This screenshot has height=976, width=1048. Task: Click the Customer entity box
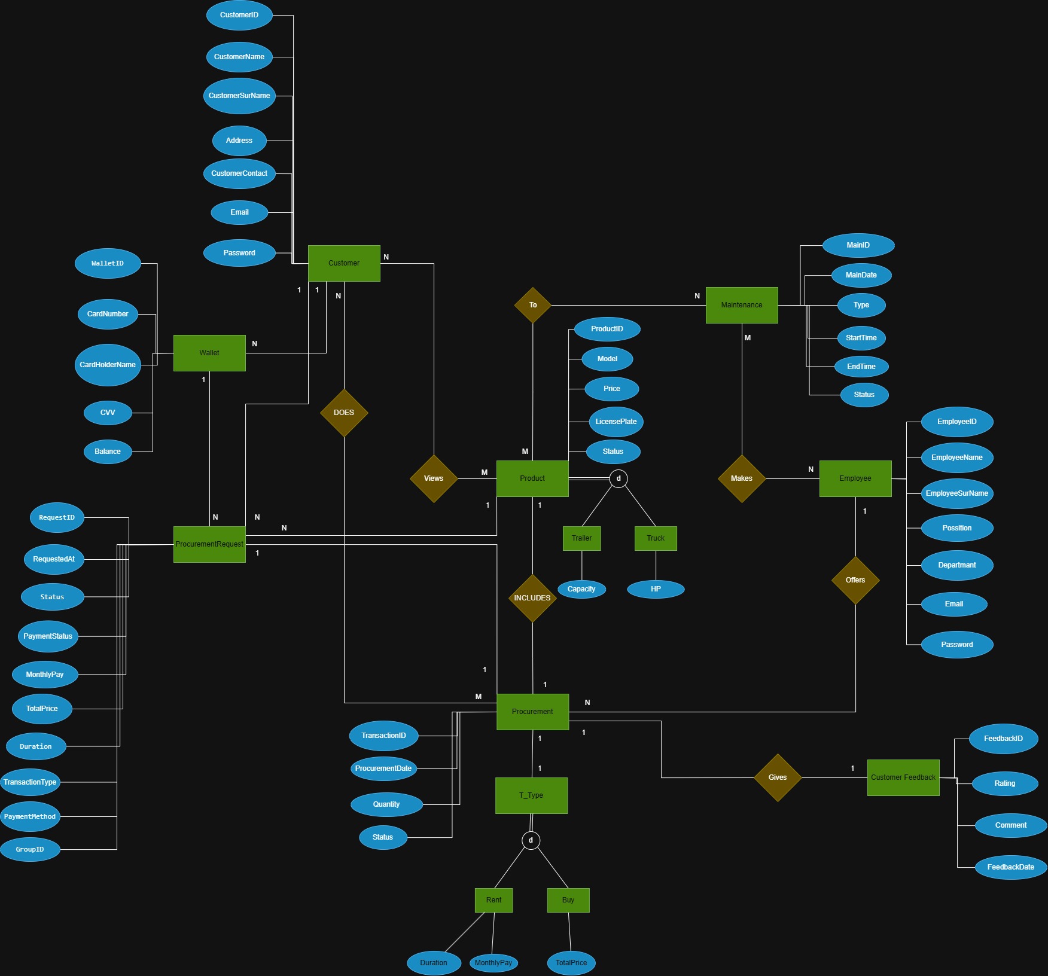[344, 263]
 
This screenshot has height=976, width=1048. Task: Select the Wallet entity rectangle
[209, 353]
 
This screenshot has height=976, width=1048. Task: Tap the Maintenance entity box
[742, 305]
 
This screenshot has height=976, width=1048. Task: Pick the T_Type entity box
[531, 795]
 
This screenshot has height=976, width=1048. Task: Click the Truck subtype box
[656, 538]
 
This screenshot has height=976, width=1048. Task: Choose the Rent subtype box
[493, 900]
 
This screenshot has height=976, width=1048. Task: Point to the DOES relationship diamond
[344, 413]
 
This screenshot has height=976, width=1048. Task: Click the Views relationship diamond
[434, 478]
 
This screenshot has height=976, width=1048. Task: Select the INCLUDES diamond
[532, 598]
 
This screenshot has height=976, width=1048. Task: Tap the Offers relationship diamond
[855, 580]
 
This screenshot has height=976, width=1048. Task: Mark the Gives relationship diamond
[778, 777]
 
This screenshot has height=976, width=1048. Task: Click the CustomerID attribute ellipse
[239, 15]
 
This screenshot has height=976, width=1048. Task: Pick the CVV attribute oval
[108, 413]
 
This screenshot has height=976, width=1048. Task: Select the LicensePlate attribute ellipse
[616, 422]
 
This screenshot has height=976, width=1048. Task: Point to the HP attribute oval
[656, 589]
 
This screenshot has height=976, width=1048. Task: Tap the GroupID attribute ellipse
[30, 849]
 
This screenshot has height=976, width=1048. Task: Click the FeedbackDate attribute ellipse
[1010, 867]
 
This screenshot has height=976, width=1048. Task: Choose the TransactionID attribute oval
[383, 736]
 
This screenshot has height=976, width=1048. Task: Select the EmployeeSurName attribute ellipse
[956, 493]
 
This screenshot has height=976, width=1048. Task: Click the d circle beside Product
[619, 478]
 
